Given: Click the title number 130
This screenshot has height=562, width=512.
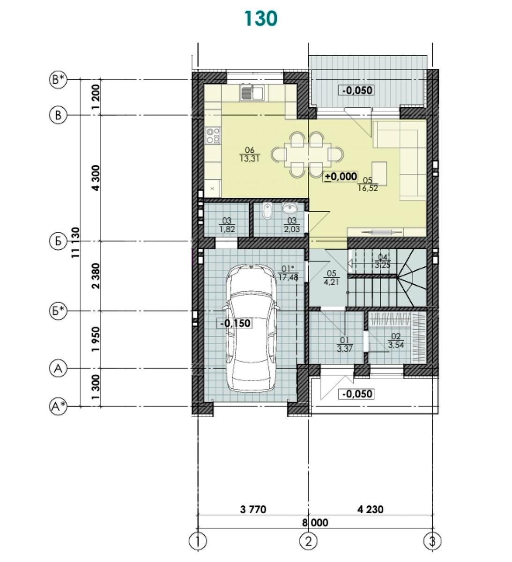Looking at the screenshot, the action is click(261, 19).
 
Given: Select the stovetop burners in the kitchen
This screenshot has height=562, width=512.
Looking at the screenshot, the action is click(213, 136).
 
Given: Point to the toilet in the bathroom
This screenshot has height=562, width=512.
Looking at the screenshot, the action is click(267, 211).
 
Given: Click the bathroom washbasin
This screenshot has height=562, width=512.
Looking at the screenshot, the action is click(289, 208).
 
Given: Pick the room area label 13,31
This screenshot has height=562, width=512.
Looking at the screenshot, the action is click(249, 159).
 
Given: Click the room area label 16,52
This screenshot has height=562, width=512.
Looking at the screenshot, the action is click(368, 188).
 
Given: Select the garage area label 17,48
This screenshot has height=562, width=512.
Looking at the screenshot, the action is click(288, 277).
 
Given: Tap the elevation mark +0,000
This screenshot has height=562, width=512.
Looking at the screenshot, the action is click(341, 177).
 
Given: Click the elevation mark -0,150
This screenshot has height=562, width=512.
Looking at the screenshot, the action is click(235, 323).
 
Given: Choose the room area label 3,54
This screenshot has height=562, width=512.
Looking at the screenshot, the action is click(396, 345).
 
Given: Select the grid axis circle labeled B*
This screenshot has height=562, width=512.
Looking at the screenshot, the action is click(58, 80).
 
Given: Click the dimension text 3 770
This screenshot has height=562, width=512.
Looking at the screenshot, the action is click(253, 510).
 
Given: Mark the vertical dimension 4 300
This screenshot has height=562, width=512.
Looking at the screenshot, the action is click(96, 178).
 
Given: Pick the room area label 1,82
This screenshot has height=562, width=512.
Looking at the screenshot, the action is click(227, 229).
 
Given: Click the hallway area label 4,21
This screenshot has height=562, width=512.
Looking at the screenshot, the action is click(331, 282).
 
